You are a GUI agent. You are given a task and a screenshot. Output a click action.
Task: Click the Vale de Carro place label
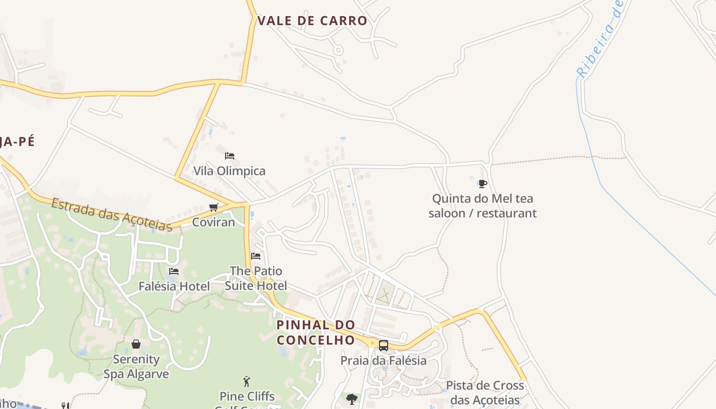pos(312,21)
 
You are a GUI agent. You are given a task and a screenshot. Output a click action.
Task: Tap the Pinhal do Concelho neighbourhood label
pos(316,332)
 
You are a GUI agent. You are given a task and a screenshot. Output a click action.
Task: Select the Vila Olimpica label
pos(229,171)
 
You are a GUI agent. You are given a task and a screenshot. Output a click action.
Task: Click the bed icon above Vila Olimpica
pos(230,155)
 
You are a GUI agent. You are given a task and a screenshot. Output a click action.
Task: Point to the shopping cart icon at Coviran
pos(214,207)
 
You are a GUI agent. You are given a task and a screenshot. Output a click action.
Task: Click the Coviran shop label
pos(213,222)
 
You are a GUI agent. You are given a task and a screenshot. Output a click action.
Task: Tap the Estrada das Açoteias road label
pos(111,214)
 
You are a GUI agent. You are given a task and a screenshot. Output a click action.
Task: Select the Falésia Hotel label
pos(174,286)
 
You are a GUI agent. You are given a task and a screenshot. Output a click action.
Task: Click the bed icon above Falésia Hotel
pos(174,271)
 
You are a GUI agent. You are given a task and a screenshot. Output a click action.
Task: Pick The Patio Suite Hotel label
pos(256,278)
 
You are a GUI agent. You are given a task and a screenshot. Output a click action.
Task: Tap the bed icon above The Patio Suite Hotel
pos(256,256)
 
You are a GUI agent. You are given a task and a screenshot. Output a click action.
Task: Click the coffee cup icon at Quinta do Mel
pos(482,184)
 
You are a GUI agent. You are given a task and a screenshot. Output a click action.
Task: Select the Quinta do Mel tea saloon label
pos(482,206)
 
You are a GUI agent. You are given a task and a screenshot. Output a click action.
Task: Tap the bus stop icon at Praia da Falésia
pos(384,346)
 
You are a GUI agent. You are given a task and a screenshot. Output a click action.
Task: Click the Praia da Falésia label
pos(383,360)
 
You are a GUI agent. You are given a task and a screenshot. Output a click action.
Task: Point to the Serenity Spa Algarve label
pos(136,367)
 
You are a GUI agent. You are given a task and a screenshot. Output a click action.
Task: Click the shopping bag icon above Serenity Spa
pos(136,344)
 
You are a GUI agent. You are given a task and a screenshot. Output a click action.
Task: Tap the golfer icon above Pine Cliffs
pos(247,381)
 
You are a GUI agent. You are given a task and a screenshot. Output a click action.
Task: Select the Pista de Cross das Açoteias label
pos(484,393)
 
